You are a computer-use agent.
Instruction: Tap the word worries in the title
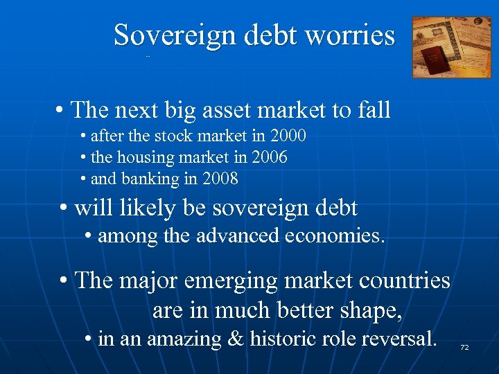point(353,35)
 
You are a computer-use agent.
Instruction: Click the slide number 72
point(464,346)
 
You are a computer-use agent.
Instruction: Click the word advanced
point(236,235)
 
